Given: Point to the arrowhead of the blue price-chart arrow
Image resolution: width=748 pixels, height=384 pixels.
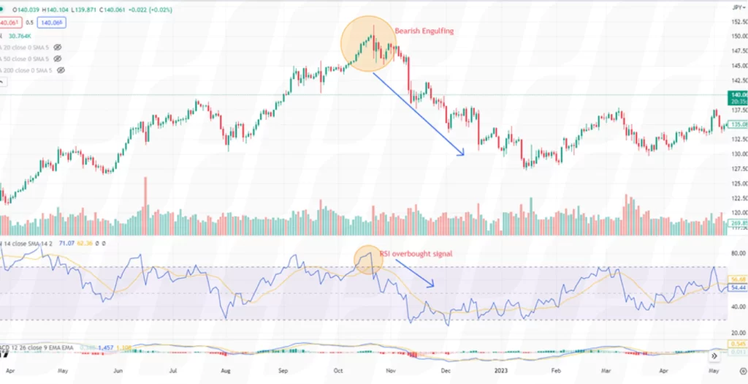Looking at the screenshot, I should (462, 153).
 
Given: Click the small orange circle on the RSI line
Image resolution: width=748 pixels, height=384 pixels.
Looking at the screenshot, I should (369, 258).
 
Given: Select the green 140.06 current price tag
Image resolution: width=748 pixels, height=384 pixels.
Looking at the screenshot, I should (738, 94).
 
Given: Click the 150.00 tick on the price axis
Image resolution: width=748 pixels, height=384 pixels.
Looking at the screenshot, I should (738, 36).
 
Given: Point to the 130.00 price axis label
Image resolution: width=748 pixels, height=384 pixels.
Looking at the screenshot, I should (738, 154).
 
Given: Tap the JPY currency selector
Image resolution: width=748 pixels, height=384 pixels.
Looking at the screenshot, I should (738, 7).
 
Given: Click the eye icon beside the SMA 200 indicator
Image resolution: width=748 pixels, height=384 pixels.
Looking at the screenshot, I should (61, 69).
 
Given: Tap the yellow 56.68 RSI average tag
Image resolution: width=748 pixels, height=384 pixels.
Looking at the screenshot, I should (738, 279).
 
